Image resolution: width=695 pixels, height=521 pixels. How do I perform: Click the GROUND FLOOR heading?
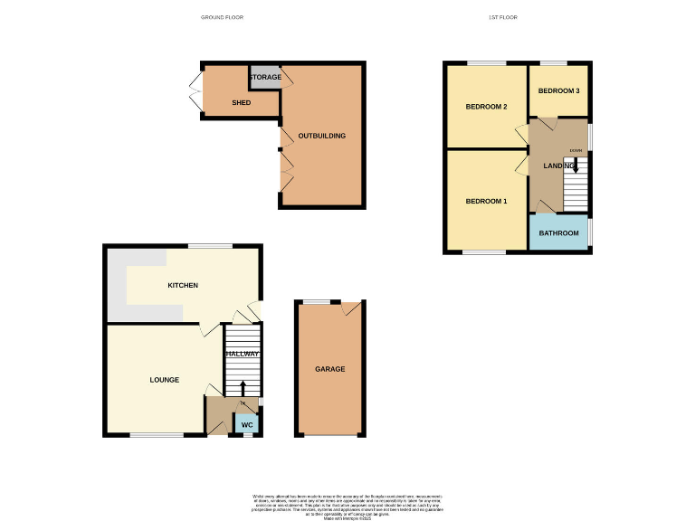222,17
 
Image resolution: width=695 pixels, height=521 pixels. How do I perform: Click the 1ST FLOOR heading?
503,17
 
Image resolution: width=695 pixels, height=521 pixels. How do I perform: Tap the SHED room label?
242,102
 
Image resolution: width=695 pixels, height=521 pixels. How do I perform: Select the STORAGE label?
265,77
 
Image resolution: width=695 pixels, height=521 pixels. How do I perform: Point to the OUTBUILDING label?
322,136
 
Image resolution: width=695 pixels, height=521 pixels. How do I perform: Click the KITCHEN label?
183,286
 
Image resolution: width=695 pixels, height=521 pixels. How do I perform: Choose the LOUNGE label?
165,380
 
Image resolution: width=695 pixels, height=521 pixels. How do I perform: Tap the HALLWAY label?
243,354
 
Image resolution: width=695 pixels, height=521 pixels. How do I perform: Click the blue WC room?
247,423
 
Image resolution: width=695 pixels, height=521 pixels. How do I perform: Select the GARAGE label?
329,369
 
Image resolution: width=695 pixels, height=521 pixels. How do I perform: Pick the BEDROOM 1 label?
486,201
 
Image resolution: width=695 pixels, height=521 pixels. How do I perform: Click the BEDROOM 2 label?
486,107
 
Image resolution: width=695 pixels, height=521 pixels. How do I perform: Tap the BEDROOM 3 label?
558,91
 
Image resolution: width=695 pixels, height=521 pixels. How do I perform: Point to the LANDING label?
558,166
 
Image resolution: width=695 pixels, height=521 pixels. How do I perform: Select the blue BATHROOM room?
558,233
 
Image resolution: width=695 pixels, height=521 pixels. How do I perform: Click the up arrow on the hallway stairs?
242,388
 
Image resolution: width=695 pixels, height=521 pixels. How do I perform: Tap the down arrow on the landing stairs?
576,166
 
